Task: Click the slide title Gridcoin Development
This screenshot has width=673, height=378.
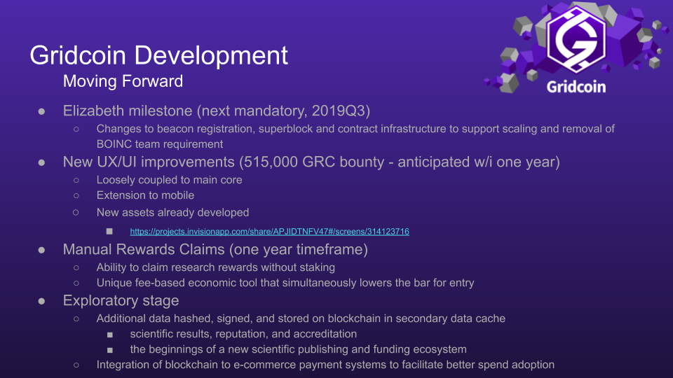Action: tap(159, 56)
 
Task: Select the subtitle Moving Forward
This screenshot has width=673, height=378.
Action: tap(123, 81)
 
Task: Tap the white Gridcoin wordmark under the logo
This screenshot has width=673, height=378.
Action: tap(576, 87)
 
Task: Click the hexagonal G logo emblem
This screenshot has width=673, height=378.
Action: tap(576, 39)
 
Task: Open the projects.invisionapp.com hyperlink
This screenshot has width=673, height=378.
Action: tap(269, 232)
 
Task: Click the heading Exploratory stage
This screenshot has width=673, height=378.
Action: tap(121, 300)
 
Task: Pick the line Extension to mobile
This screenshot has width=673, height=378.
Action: tap(146, 195)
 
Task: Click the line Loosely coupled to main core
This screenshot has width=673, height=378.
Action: tap(169, 180)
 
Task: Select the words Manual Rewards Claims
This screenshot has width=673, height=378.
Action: tap(144, 249)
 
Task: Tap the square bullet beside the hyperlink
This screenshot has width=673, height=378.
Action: tap(109, 232)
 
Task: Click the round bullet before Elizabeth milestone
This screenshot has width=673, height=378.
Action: tap(41, 112)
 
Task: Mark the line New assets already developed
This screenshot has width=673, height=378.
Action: tap(172, 213)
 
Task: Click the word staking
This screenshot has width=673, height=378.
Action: tap(318, 267)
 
